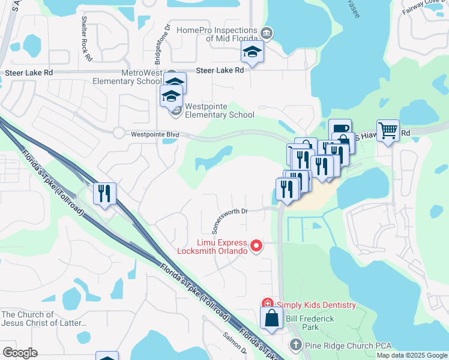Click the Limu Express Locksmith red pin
[256, 245]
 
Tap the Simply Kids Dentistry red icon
[267, 305]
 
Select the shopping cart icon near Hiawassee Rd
[388, 130]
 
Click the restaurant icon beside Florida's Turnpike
[105, 193]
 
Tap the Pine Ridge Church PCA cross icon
[295, 345]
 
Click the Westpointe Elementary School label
[220, 110]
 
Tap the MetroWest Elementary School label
[133, 77]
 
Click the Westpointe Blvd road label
[155, 135]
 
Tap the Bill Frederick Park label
[310, 323]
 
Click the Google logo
[20, 353]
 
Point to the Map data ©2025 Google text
[412, 355]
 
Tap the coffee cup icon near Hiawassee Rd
[340, 130]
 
